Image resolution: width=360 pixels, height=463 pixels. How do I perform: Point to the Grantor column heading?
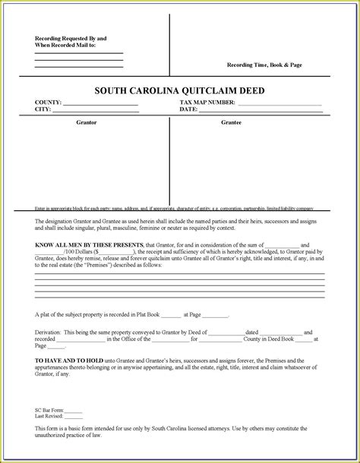pyautogui.click(x=87, y=121)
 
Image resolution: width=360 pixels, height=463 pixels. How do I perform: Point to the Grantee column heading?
pyautogui.click(x=232, y=121)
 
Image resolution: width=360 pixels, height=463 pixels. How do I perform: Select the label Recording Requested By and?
pyautogui.click(x=71, y=38)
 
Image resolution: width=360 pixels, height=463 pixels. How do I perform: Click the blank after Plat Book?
pyautogui.click(x=171, y=315)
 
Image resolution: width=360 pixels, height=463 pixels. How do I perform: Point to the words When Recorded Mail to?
pyautogui.click(x=65, y=45)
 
